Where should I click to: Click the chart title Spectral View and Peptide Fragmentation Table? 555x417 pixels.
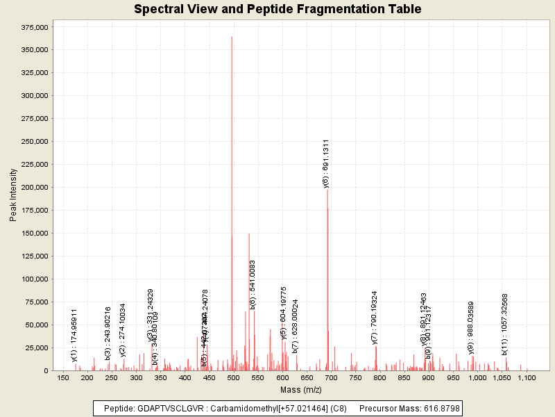point(277,9)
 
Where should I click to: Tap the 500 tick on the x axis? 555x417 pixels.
point(233,377)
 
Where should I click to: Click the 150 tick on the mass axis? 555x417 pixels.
point(62,377)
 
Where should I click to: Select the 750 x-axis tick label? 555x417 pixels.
point(355,377)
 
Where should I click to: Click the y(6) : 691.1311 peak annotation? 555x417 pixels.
point(326,163)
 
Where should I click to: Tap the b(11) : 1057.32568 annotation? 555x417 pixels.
point(505,324)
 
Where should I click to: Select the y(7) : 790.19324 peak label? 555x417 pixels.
point(375,318)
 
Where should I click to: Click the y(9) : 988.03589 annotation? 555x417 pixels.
point(471,328)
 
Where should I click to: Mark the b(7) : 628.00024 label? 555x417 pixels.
point(296,326)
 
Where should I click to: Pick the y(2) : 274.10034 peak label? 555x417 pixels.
point(123,330)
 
